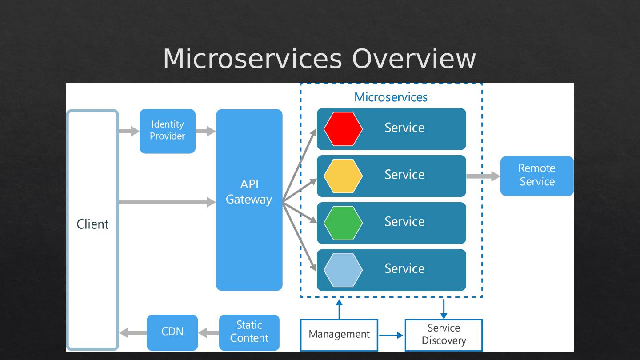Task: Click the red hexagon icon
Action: (343, 129)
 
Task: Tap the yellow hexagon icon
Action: (343, 176)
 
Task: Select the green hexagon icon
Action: (343, 223)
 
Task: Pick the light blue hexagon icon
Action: (343, 270)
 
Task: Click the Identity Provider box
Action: (168, 131)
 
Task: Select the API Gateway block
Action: (249, 200)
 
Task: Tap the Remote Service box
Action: (537, 176)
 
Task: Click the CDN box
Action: (172, 332)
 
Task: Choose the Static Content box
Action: (249, 332)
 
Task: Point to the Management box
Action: (339, 335)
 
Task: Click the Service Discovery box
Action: (444, 335)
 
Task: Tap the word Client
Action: (92, 224)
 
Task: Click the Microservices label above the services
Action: (391, 97)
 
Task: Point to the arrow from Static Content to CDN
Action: (208, 332)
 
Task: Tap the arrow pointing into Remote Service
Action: (483, 176)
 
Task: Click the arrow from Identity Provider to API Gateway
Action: (205, 131)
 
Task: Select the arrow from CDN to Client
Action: (132, 332)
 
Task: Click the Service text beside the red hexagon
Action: (404, 128)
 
